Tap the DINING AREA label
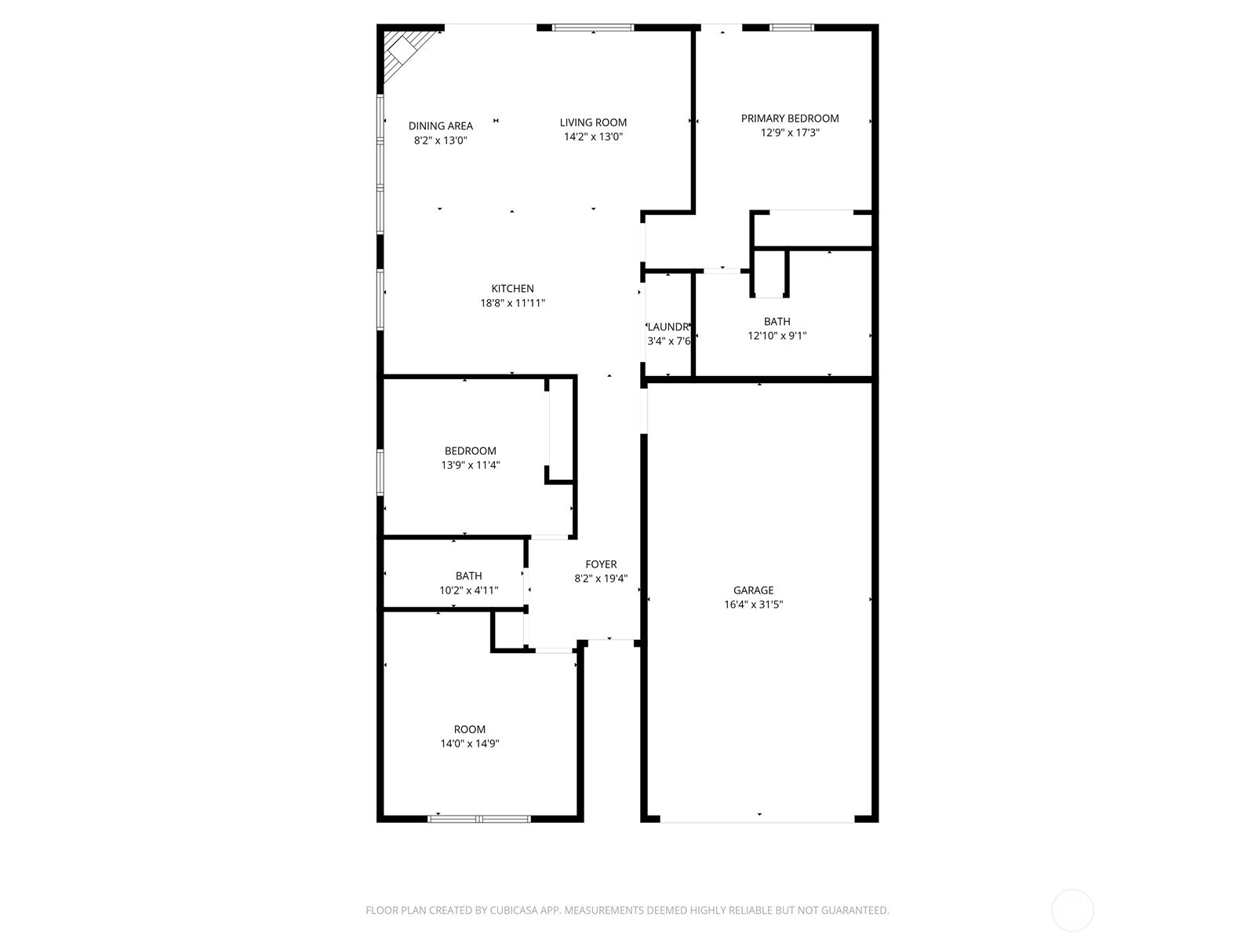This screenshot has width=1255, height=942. pyautogui.click(x=441, y=126)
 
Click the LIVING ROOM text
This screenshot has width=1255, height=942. pyautogui.click(x=593, y=122)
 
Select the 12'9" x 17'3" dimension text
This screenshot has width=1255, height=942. pyautogui.click(x=790, y=133)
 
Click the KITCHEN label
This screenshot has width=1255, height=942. pyautogui.click(x=512, y=289)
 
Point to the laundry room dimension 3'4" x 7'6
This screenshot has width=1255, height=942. pyautogui.click(x=668, y=341)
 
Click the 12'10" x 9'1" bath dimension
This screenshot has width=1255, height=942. pyautogui.click(x=777, y=336)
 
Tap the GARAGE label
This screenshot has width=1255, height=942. pyautogui.click(x=753, y=590)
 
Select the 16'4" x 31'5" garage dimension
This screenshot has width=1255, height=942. pyautogui.click(x=753, y=604)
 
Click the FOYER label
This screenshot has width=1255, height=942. pyautogui.click(x=601, y=564)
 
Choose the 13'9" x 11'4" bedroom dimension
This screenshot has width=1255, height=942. pyautogui.click(x=470, y=466)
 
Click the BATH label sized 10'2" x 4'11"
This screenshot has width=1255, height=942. pyautogui.click(x=468, y=576)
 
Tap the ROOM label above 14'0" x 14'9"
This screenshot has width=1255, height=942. pyautogui.click(x=469, y=729)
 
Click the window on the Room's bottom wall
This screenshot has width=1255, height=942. pyautogui.click(x=478, y=819)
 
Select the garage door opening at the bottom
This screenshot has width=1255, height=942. pyautogui.click(x=757, y=821)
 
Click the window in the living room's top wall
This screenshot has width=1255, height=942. pyautogui.click(x=592, y=27)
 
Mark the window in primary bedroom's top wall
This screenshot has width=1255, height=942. pyautogui.click(x=791, y=27)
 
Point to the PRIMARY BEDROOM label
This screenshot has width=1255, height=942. pyautogui.click(x=790, y=119)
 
